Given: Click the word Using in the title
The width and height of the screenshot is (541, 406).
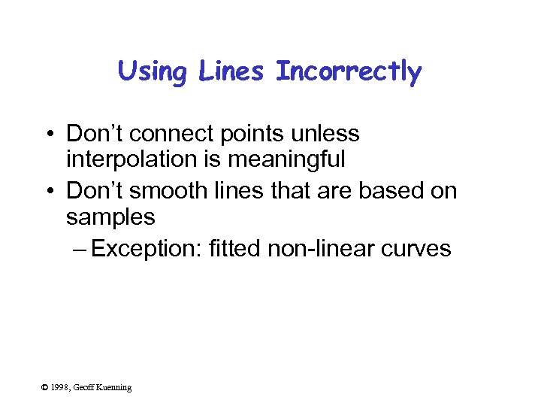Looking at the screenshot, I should pos(151,72).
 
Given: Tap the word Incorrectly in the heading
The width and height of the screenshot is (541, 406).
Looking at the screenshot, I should pos(349,72).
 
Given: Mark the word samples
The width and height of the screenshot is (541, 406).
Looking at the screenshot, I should pos(110,218).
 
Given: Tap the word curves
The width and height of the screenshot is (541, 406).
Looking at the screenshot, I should pos(416,249).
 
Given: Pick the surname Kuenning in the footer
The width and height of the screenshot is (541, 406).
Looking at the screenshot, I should pos(113,388).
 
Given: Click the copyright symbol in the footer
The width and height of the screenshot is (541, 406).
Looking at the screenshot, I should pos(44,388).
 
